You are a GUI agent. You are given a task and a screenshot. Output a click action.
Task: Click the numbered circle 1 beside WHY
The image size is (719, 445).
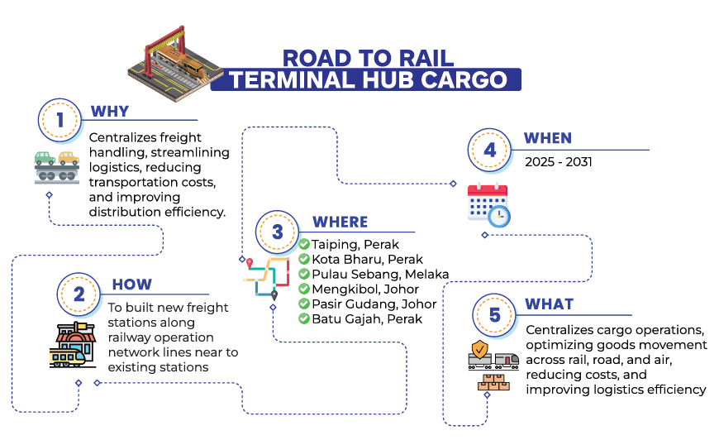pos(60,120)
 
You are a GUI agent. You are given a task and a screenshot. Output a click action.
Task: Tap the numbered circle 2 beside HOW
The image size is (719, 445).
pos(79,294)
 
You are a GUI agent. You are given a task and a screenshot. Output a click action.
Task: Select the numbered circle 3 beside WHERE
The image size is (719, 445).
pos(278,232)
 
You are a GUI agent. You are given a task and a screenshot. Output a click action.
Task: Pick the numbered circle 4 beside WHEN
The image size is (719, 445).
pos(490,151)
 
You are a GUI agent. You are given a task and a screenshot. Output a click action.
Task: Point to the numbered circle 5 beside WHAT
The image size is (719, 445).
pos(495,315)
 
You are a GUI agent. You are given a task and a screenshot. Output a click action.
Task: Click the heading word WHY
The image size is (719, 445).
pos(110,112)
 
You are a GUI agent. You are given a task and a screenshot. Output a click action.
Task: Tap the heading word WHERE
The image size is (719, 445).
pos(340,222)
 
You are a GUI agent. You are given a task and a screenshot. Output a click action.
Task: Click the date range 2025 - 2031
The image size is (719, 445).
pos(559,162)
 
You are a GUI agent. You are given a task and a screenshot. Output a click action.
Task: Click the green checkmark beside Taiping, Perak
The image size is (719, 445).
pos(304,244)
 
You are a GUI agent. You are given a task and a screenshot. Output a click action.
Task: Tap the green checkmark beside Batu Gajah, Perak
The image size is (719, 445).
pos(304,318)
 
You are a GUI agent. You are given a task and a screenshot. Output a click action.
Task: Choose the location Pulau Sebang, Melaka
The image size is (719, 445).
pos(379,274)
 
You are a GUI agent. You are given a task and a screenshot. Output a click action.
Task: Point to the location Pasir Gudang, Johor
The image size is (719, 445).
pos(374,304)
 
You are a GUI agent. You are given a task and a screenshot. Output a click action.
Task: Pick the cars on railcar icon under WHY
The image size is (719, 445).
pos(57,166)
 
